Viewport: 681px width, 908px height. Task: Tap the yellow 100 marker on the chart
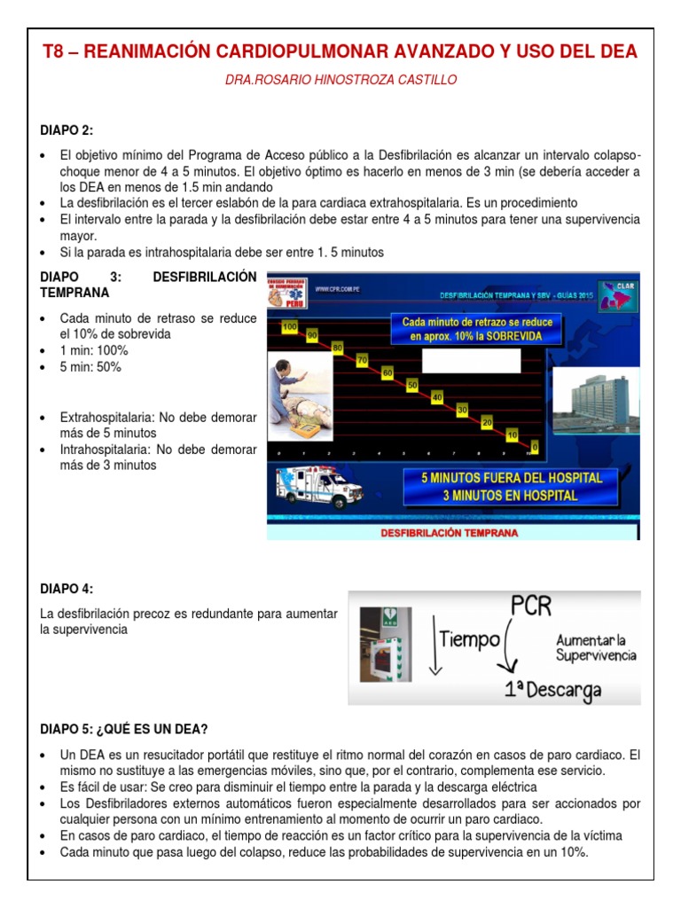tap(288, 327)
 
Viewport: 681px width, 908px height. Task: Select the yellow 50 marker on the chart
tap(412, 385)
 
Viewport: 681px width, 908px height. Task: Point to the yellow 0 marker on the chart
tap(534, 445)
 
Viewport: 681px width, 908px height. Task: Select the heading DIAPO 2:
tap(67, 130)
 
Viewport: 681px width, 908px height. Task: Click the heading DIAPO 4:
tap(67, 589)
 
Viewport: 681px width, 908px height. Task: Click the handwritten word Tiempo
tap(470, 639)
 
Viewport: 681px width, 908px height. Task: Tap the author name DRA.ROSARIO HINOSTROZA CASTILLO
tap(340, 80)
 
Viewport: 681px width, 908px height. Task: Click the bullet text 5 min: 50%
tap(90, 367)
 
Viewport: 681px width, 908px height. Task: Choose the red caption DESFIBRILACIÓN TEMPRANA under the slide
tap(449, 533)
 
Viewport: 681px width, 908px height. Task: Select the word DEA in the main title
tap(617, 51)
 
